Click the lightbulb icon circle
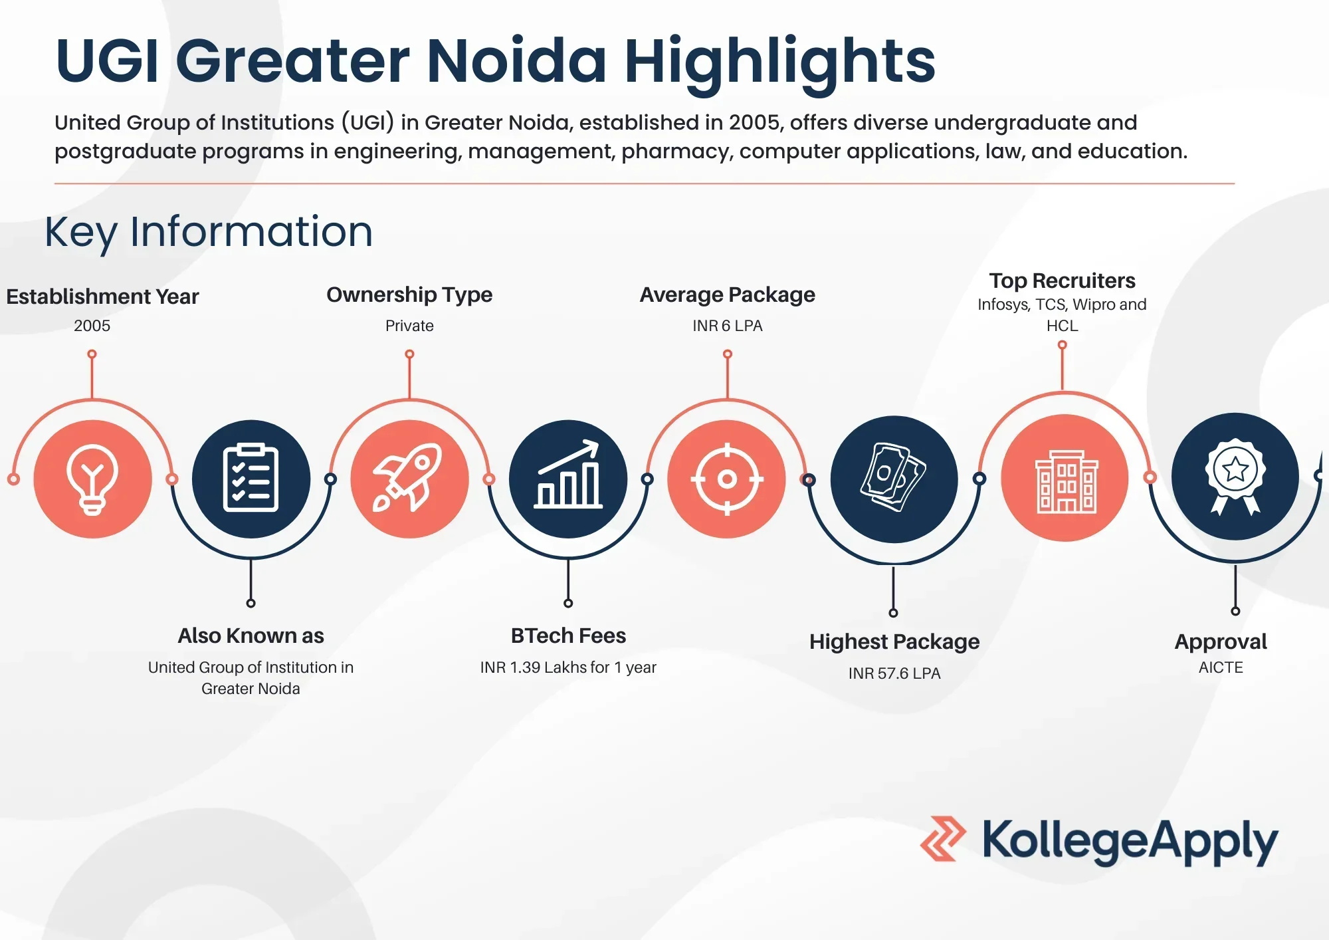coord(92,479)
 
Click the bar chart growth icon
coord(568,475)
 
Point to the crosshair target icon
coord(727,479)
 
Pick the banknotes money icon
coord(893,477)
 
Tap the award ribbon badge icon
coord(1235,476)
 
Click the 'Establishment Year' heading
coord(102,296)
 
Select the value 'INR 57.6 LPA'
coord(894,673)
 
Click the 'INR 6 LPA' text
coord(728,326)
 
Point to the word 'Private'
coord(409,326)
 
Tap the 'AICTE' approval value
coord(1221,667)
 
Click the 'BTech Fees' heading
coord(568,636)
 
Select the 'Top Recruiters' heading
coord(1062,281)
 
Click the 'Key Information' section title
coord(209,232)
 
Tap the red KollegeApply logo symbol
coord(943,839)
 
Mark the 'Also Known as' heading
coord(251,636)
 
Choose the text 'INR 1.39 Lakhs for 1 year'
coord(568,667)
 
